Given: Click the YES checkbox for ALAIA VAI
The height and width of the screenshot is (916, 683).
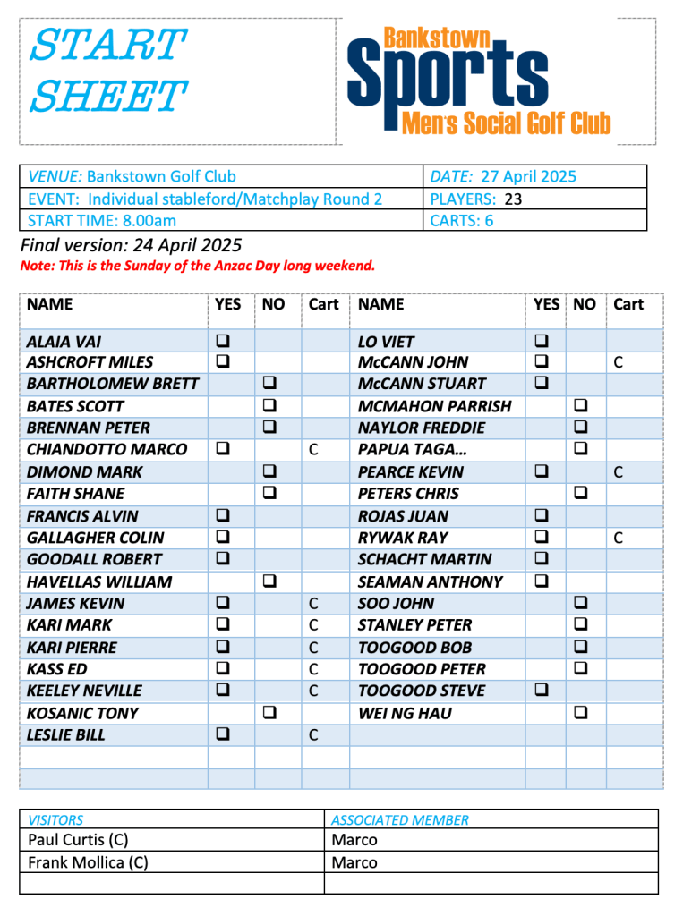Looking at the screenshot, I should pos(221,341).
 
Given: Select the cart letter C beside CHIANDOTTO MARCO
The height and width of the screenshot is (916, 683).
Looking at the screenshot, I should pos(313,450).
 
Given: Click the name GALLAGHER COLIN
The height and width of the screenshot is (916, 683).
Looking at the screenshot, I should pos(96,538).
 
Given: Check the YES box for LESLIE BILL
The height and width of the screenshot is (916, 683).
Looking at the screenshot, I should pos(221,734).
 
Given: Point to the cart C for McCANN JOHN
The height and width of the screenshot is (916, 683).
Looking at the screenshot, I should pos(618,362).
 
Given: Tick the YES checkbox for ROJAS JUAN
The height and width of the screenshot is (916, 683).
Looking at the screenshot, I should pos(542,516).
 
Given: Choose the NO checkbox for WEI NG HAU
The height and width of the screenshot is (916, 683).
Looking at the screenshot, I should pos(580,713).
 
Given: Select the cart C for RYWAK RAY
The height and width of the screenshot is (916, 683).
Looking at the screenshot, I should pos(618,538).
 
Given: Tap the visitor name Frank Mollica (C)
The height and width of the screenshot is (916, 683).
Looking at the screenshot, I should pos(88,863).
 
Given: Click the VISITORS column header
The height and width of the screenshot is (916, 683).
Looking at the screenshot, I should pos(55,819).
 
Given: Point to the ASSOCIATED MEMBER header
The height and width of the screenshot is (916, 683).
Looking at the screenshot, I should pos(399,819).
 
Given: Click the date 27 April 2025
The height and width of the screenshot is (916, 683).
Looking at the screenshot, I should pos(528,176).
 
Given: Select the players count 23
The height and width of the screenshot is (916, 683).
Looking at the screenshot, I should pos(513,199).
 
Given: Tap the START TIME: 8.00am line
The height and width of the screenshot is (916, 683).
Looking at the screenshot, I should pos(102,221).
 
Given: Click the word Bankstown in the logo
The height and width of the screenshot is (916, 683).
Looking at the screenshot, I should pos(437,38).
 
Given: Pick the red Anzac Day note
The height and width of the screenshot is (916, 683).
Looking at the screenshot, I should pos(197,266).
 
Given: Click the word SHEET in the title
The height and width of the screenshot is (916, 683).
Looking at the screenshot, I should pos(108,96).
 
